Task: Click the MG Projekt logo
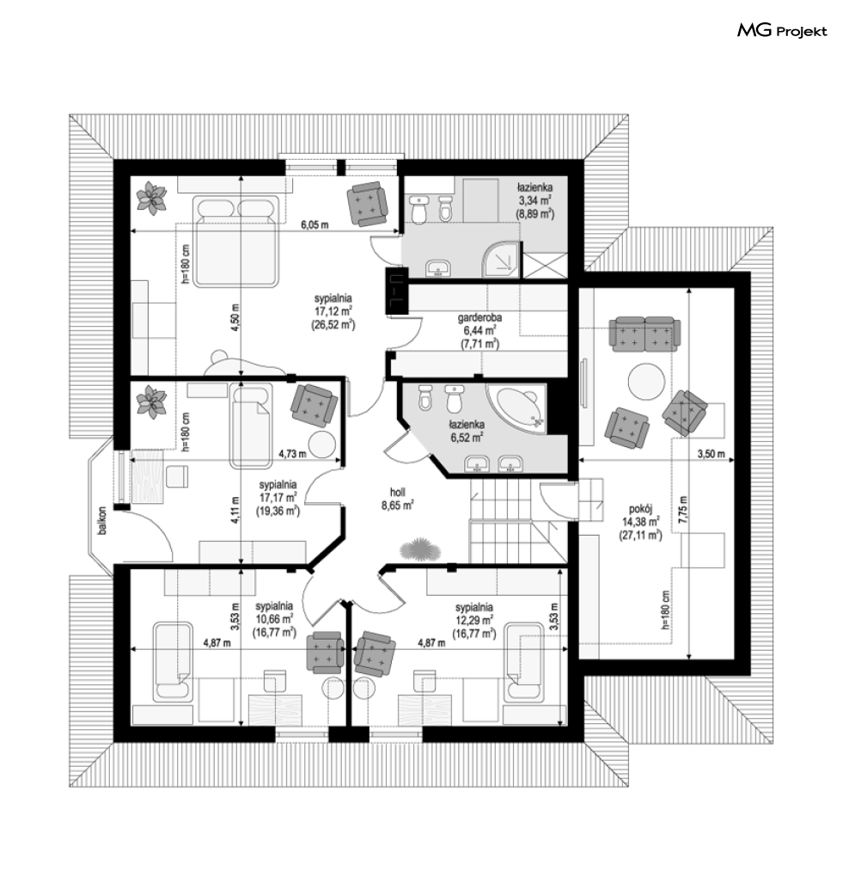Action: [x=782, y=31]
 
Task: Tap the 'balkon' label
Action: [x=102, y=520]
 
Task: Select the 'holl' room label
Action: [x=397, y=492]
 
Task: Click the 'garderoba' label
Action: [x=479, y=317]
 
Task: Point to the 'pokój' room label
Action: [x=640, y=510]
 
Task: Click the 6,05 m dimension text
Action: [x=315, y=224]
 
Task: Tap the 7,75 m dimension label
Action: [x=683, y=510]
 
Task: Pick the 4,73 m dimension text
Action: [x=293, y=453]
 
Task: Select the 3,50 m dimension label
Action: [x=711, y=454]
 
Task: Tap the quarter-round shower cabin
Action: [x=500, y=260]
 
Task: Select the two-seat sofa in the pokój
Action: [x=644, y=334]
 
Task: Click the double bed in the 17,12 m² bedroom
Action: [x=236, y=241]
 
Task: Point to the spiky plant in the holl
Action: [x=418, y=549]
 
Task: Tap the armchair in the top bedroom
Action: [x=367, y=204]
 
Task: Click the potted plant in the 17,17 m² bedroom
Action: [x=150, y=402]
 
